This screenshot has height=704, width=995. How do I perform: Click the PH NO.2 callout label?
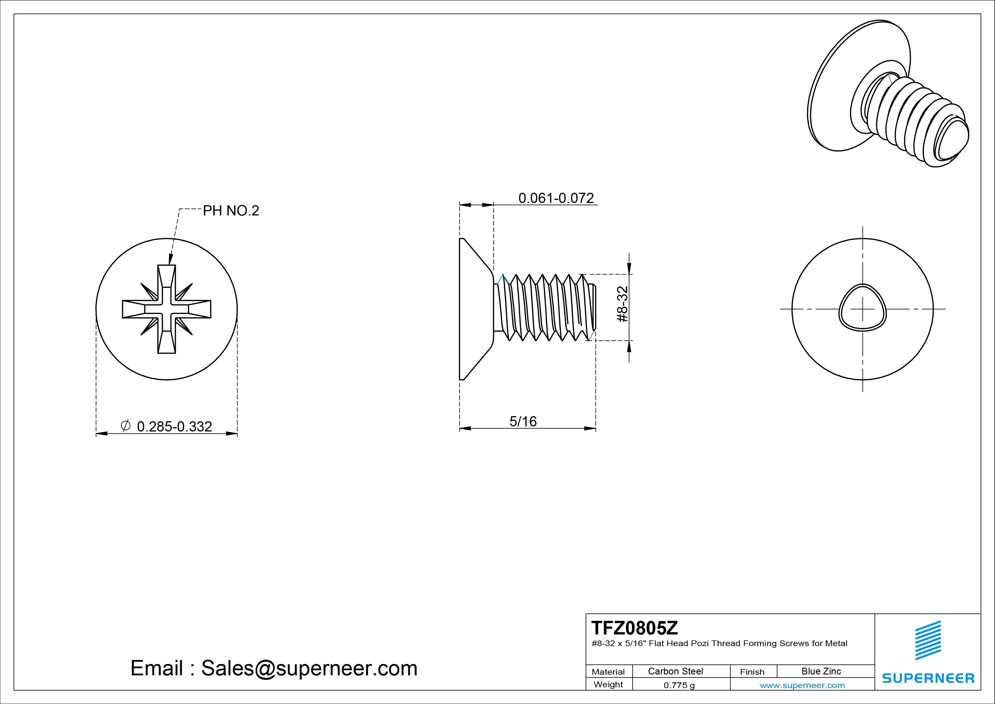231,211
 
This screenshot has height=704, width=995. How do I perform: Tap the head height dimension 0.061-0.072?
556,198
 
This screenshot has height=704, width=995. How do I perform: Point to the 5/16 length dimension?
523,421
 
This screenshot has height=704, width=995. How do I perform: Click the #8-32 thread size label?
622,304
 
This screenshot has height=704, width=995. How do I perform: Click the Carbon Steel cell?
675,671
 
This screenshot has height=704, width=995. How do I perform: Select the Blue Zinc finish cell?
821,671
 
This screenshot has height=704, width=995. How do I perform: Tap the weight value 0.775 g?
679,685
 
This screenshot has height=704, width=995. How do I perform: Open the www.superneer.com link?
802,685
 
